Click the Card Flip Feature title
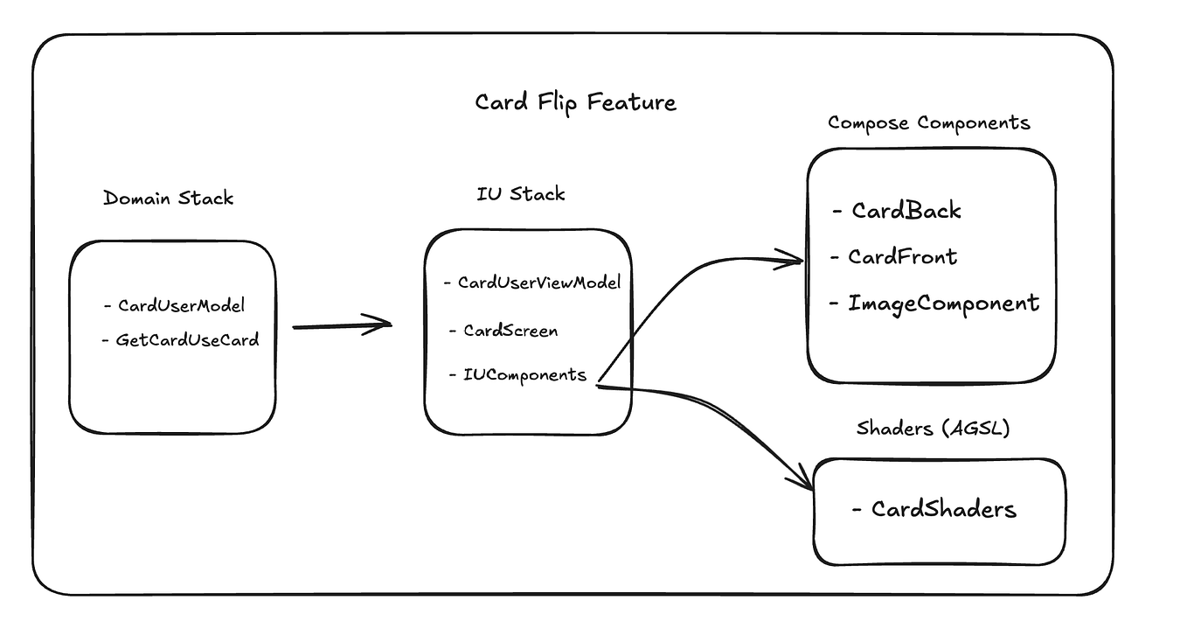point(575,102)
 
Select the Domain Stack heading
point(169,198)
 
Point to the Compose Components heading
point(928,123)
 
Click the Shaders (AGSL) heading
point(933,429)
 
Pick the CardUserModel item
point(181,305)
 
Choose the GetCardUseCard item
point(187,339)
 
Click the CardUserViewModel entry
point(538,283)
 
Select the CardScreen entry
point(510,331)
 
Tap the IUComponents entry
point(524,374)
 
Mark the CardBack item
point(906,211)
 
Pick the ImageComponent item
point(943,304)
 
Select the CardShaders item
point(943,509)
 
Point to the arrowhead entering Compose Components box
point(794,258)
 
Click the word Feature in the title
point(632,102)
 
